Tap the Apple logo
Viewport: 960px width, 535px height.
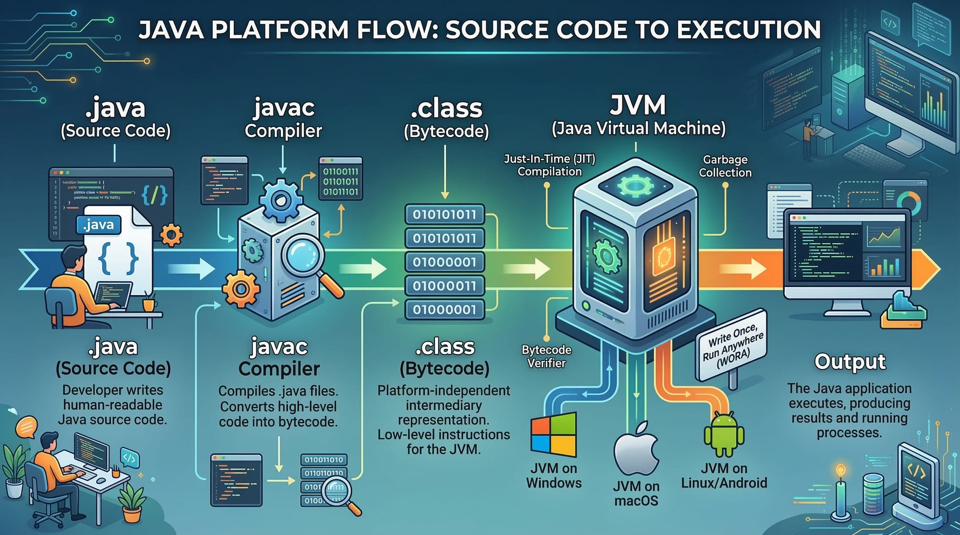pos(636,449)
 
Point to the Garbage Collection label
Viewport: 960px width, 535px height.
pos(725,166)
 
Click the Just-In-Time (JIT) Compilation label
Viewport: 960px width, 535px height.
pos(550,165)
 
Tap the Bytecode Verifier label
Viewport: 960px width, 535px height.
pos(546,356)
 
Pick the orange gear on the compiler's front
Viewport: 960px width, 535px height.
pos(240,289)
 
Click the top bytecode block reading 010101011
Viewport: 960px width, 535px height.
pos(444,214)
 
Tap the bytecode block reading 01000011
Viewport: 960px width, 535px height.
pos(444,286)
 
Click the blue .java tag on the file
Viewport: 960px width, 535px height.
pos(98,225)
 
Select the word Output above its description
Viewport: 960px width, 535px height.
pos(850,361)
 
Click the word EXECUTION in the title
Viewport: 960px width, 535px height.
pos(749,30)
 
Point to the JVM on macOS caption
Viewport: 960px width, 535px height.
pos(636,493)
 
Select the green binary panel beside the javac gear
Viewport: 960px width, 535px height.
pos(341,181)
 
